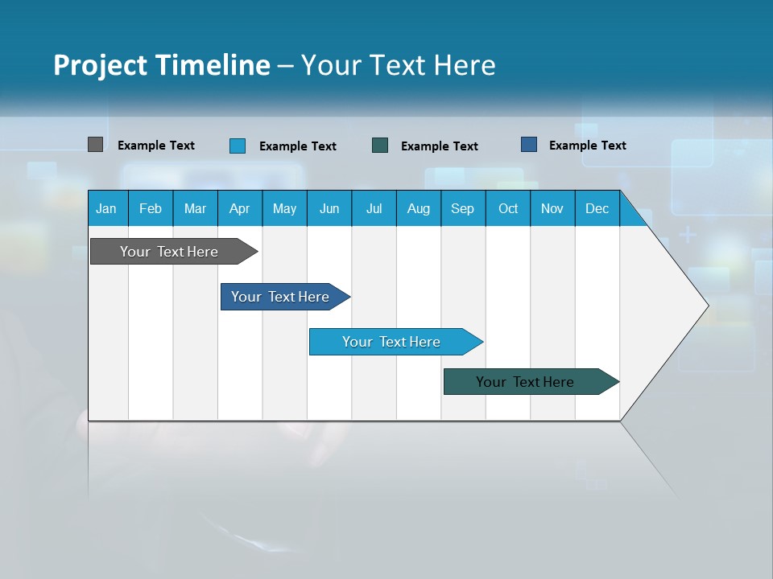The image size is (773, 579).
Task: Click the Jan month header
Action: point(106,208)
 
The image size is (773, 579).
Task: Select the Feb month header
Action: point(151,208)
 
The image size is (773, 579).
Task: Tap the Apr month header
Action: point(239,208)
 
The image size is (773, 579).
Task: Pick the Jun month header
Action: point(329,208)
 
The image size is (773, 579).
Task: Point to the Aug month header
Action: point(418,208)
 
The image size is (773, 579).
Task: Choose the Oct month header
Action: point(508,208)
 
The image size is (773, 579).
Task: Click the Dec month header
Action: point(597,208)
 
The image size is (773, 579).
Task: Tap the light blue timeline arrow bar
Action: point(392,342)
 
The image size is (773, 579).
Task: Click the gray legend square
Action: point(95,145)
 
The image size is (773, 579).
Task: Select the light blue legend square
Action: point(238,146)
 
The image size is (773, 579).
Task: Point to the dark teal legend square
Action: point(380,145)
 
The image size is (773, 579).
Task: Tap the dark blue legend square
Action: point(529,145)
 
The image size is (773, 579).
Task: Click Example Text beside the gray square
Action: point(156,146)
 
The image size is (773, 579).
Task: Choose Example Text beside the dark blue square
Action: point(588,146)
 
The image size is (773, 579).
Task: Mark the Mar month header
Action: point(195,208)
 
